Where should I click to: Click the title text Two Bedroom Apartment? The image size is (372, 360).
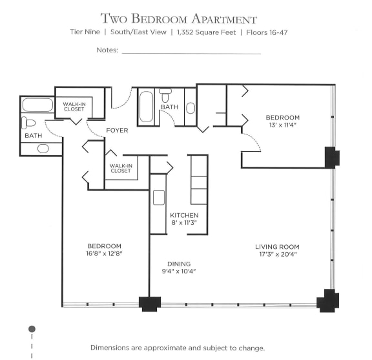[x=179, y=19]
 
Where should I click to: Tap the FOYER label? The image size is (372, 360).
[x=117, y=131]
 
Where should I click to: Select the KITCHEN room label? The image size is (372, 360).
[x=184, y=215]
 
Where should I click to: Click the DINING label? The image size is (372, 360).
[x=178, y=264]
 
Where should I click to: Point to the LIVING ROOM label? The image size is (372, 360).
[x=276, y=247]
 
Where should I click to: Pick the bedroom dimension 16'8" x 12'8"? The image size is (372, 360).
[x=105, y=254]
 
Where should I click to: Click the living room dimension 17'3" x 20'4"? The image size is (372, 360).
[x=276, y=255]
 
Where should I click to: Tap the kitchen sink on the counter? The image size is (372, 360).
[x=159, y=198]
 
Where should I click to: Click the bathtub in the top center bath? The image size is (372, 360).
[x=146, y=107]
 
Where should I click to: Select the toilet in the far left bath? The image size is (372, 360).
[x=29, y=123]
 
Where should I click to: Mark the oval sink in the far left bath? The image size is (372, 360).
[x=43, y=148]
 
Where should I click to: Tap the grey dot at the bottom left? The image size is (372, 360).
[x=32, y=329]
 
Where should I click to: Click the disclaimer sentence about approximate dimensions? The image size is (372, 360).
[x=178, y=348]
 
